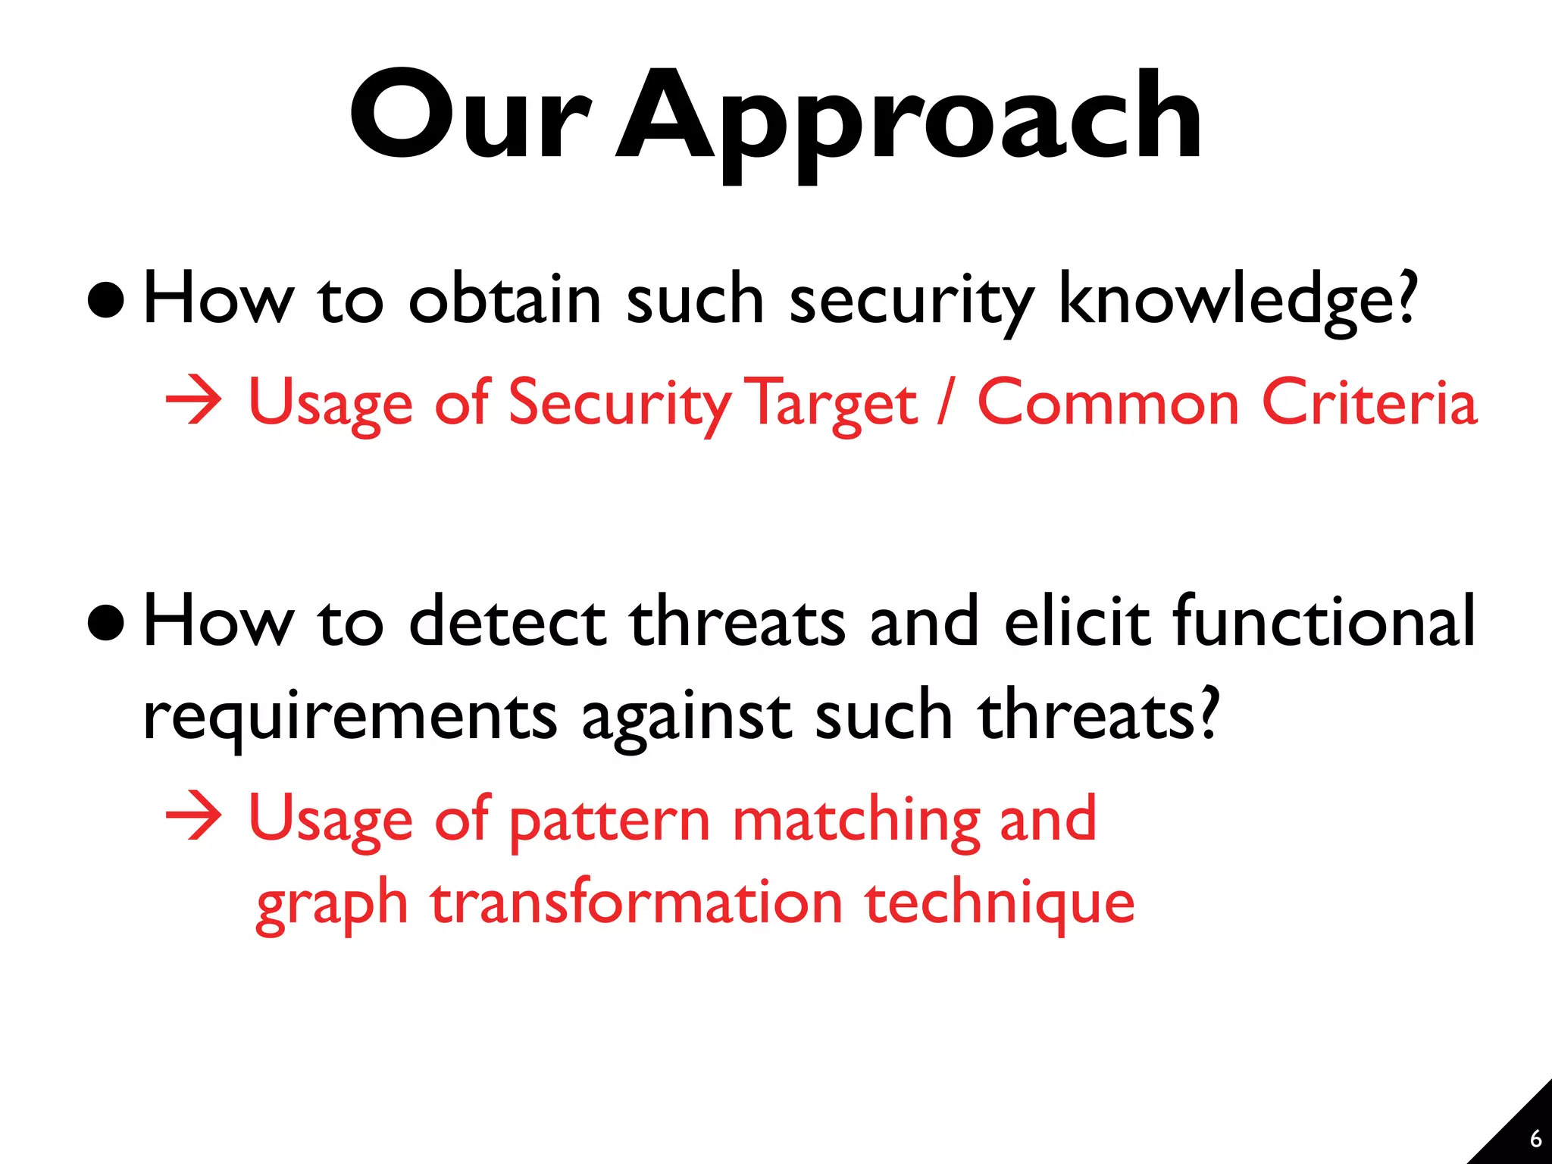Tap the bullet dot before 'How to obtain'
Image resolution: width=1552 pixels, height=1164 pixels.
(105, 301)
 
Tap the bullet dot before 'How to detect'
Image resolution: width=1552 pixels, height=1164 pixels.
(105, 623)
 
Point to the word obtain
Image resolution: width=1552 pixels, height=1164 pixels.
(505, 299)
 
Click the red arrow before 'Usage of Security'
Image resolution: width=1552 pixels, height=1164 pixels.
(194, 402)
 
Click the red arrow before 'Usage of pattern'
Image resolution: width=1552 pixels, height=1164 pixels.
(194, 818)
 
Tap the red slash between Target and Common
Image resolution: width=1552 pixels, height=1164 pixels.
(946, 402)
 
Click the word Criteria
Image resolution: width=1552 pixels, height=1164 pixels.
(1369, 402)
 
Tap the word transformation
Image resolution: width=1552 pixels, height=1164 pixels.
(637, 902)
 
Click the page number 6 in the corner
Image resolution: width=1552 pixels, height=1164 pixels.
(1535, 1138)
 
